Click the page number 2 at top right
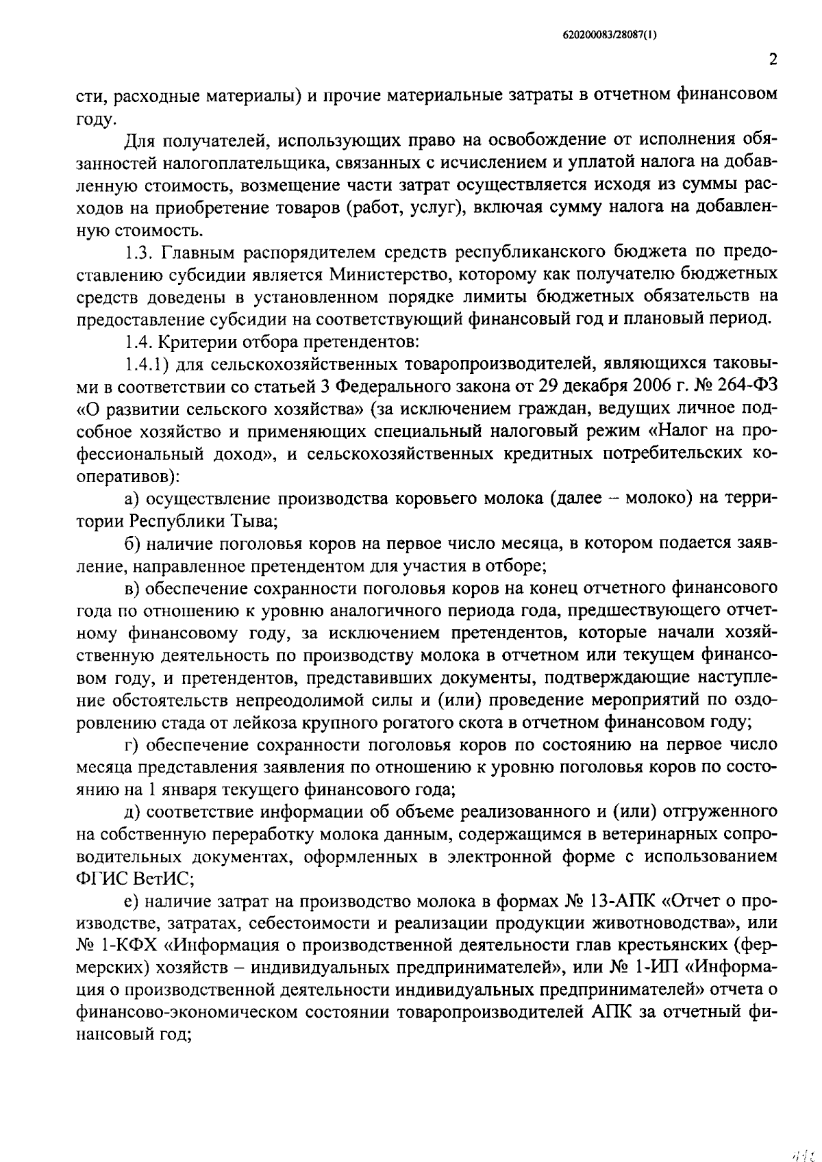pos(773,60)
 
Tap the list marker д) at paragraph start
pos(134,812)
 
